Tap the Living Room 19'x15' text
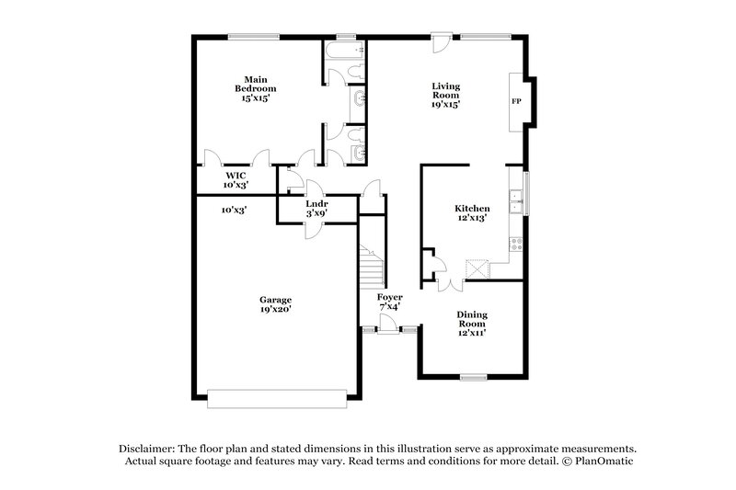coord(446,95)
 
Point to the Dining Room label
coord(472,323)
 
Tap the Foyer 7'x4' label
coord(390,302)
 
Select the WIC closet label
coord(235,179)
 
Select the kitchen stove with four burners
coord(517,245)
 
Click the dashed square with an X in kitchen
coord(476,268)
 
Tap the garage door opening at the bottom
coord(278,398)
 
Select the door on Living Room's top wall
coord(441,42)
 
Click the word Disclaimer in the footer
coord(149,447)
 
